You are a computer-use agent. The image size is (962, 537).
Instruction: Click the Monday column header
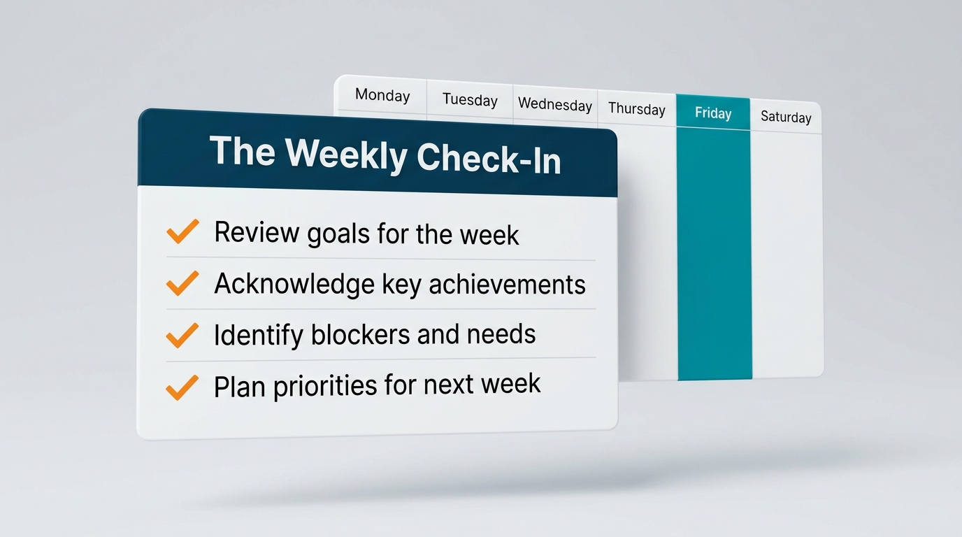pos(382,95)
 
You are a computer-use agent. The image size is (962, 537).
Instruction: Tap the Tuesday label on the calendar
pos(470,100)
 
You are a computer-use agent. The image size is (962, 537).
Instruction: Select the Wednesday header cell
pos(555,105)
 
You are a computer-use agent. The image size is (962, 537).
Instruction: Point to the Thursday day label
pos(636,108)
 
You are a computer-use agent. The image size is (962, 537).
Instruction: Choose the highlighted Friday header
pos(713,113)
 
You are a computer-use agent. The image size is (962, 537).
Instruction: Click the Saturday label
pos(786,117)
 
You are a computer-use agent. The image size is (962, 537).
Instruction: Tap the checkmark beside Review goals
pos(182,231)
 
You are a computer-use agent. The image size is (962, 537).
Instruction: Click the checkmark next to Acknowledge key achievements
pos(182,282)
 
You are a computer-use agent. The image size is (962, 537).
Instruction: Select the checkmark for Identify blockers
pos(182,335)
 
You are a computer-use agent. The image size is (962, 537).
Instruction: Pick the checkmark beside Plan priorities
pos(182,387)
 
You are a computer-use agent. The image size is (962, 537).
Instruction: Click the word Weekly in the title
pos(345,155)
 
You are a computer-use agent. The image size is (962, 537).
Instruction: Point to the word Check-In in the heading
pos(489,159)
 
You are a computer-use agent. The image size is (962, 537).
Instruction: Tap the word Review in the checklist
pos(255,232)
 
